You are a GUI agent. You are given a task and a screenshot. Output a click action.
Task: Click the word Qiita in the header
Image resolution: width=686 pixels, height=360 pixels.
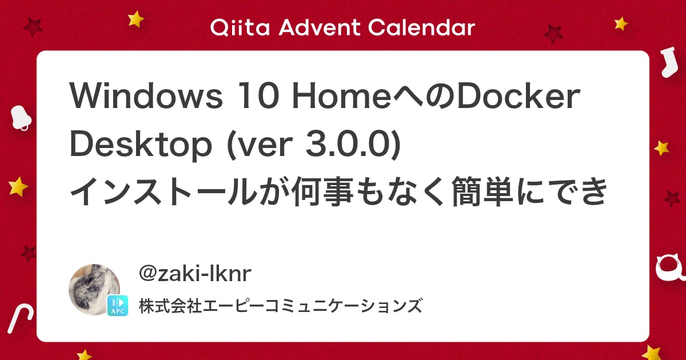[x=240, y=28]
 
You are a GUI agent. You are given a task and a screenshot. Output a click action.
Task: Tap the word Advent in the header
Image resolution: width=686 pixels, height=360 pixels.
[x=320, y=28]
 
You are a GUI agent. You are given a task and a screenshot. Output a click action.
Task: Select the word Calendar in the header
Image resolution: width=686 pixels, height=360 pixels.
[x=421, y=28]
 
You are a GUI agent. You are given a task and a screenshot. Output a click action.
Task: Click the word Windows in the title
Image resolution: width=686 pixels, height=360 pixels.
[x=146, y=95]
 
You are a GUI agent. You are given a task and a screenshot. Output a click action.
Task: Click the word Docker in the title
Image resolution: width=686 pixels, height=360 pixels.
[x=519, y=95]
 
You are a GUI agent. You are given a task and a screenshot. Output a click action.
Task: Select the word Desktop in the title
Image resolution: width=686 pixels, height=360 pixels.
[x=141, y=145]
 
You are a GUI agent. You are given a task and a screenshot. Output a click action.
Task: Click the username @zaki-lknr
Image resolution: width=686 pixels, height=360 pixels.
[x=195, y=273]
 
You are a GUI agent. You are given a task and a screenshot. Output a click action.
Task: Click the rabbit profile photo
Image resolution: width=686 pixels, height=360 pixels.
[x=94, y=290]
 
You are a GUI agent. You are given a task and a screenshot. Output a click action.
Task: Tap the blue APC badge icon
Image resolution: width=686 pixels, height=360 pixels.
[x=118, y=306]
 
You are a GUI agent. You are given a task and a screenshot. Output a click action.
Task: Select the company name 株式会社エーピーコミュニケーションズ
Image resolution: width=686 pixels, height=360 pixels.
[x=281, y=306]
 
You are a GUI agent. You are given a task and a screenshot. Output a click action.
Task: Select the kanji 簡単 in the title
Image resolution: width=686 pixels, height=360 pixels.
[x=482, y=191]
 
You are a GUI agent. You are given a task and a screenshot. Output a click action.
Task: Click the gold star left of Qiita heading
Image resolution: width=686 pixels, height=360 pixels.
[x=135, y=19]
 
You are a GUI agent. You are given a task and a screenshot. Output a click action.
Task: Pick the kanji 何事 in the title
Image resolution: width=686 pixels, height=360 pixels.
[x=322, y=191]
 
